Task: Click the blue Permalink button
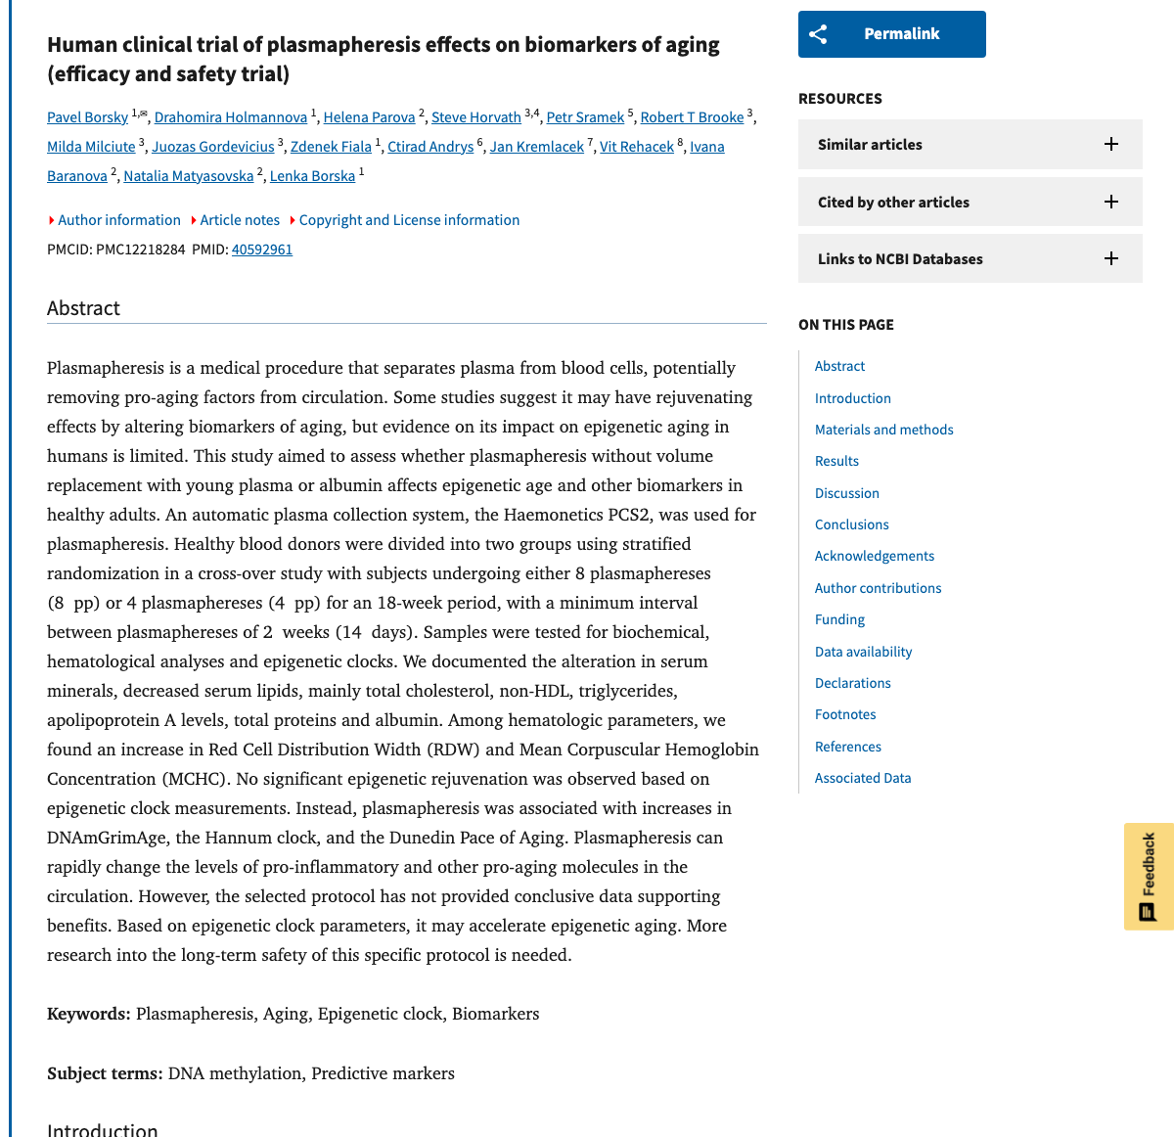891,34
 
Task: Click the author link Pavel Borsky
87,117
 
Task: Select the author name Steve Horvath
475,117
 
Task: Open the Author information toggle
118,220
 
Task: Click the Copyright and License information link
409,220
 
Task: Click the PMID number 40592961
262,250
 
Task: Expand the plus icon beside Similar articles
1111,145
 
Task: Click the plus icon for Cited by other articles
1111,202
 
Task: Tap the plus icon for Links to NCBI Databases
1111,259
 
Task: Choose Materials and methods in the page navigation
883,430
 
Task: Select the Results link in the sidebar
836,461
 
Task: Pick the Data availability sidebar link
863,652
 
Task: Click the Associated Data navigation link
862,778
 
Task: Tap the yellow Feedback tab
1149,876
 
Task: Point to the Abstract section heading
83,308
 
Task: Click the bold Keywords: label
89,1014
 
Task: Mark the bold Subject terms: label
105,1073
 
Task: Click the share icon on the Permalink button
819,34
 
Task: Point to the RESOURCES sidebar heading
839,99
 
